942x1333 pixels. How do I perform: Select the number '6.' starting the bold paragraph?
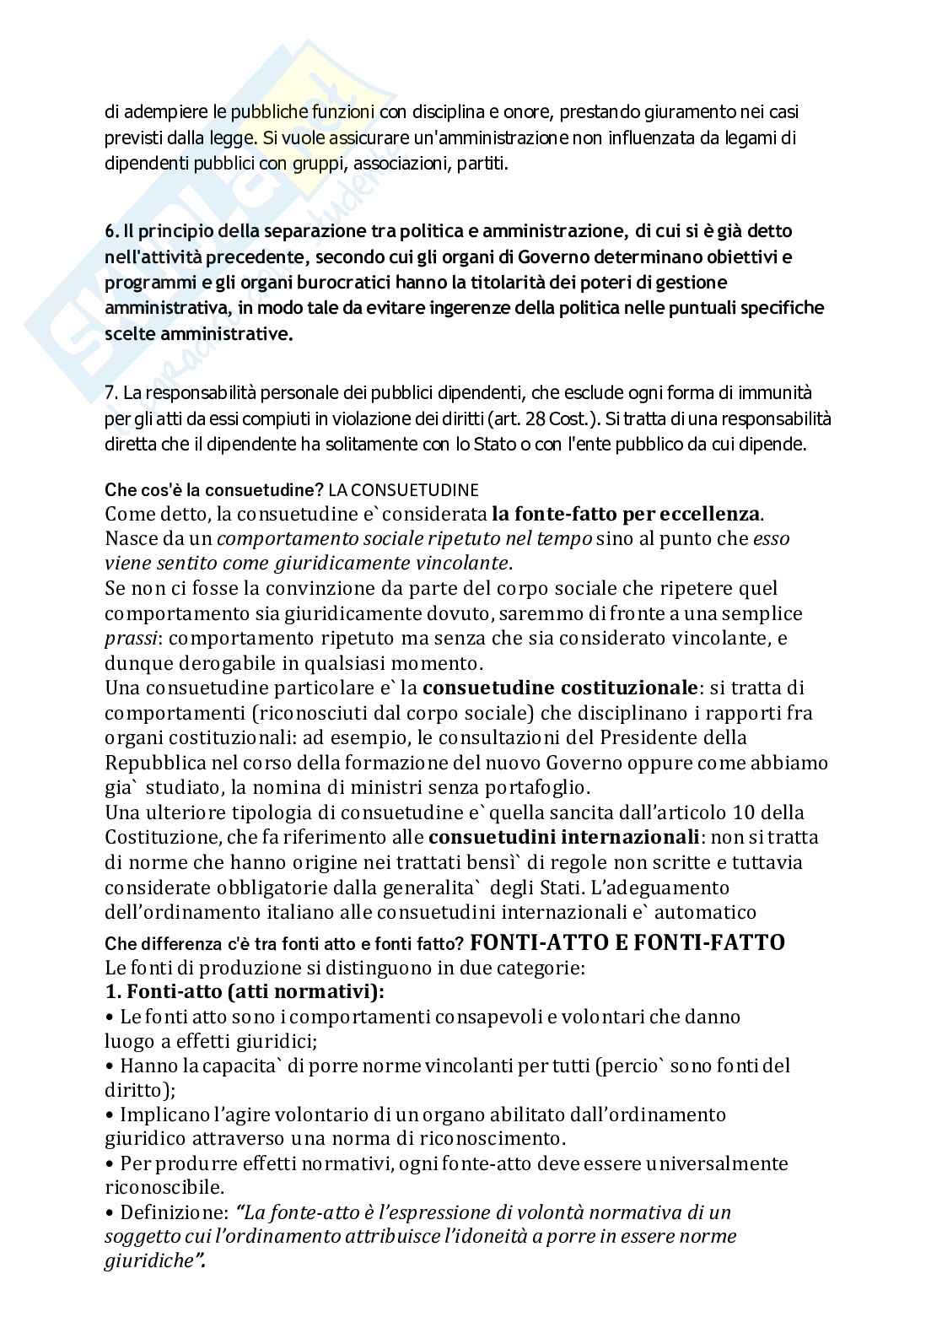pyautogui.click(x=111, y=231)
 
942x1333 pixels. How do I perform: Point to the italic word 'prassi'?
pyautogui.click(x=127, y=639)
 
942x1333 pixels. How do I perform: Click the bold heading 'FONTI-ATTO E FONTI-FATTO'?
pyautogui.click(x=627, y=942)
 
